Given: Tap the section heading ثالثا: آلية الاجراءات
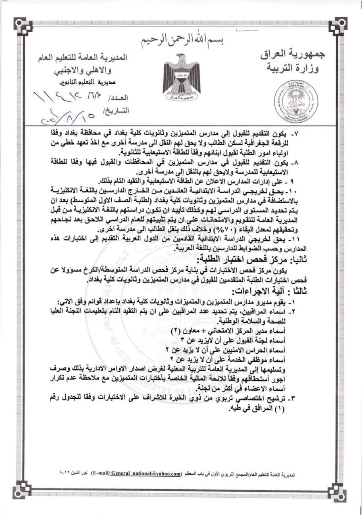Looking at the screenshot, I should coord(266,291).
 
